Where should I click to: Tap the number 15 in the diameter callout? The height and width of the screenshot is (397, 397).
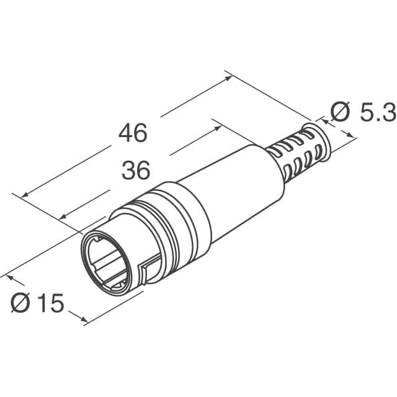click(50, 303)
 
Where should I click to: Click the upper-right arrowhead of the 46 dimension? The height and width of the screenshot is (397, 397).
click(230, 77)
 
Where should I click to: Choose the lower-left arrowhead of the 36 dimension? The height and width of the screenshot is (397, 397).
click(62, 217)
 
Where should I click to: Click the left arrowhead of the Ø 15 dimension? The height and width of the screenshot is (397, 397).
click(9, 274)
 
